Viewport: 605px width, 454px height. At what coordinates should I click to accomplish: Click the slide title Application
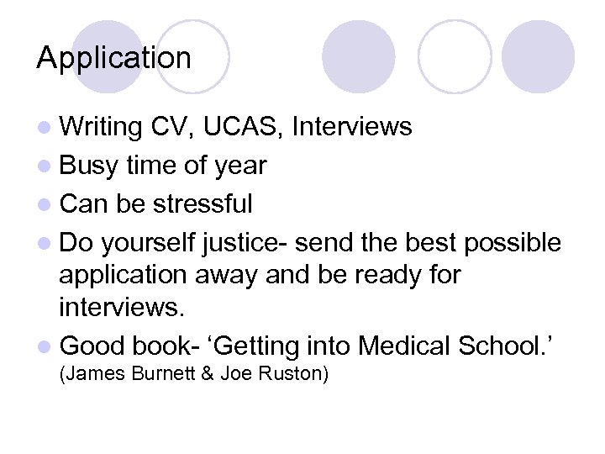coord(114,59)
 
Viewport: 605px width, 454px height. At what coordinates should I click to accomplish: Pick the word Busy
coord(90,166)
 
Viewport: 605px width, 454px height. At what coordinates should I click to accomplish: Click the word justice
coord(234,243)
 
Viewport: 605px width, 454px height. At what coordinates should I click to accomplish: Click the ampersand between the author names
coord(207,374)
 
